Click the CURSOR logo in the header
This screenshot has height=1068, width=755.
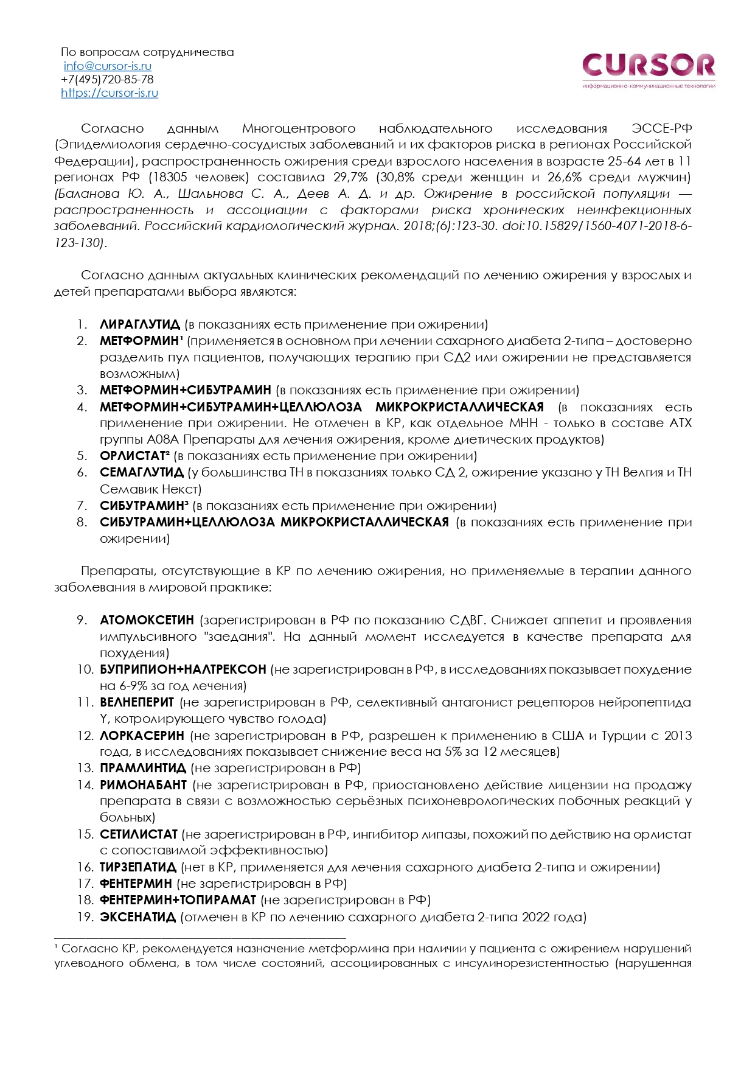pos(649,66)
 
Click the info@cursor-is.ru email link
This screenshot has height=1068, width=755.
pos(107,66)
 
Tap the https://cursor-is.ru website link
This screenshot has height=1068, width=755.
pos(110,92)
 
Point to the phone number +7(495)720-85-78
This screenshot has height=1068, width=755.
pos(107,79)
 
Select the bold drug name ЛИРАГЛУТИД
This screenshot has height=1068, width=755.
pos(139,324)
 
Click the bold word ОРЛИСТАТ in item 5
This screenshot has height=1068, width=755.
pos(133,456)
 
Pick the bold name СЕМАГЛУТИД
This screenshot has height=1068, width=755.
pos(141,472)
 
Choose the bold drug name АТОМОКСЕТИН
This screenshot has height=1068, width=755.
pos(147,620)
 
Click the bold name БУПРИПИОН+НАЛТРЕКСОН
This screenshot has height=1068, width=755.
pos(183,669)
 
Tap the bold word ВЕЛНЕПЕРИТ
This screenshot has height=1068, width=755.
pos(137,702)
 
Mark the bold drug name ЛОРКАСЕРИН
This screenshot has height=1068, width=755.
pos(142,736)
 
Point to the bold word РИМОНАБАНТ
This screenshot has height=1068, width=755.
pos(143,785)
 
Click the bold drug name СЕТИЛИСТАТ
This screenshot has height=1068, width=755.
pos(138,834)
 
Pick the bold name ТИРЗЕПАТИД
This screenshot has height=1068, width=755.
pos(137,867)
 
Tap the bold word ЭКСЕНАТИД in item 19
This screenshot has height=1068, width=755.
pos(137,917)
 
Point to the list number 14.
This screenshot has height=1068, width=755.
pos(85,785)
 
